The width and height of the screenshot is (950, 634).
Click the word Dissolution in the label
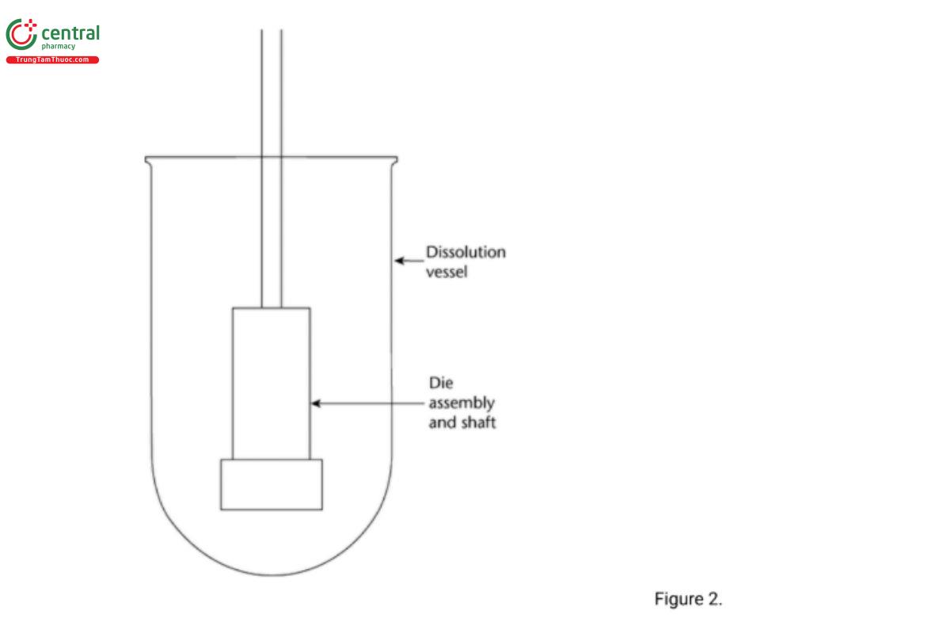pos(465,254)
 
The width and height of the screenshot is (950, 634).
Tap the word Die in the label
pos(440,382)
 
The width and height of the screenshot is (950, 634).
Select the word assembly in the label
pos(462,403)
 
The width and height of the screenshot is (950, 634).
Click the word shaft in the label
pos(477,422)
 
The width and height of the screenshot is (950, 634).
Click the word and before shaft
pos(443,422)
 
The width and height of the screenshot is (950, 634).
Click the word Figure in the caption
pos(678,599)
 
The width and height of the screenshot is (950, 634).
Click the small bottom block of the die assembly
pos(272,484)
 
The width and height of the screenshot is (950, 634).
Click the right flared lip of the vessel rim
pos(393,161)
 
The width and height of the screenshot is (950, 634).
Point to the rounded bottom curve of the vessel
pos(272,573)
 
